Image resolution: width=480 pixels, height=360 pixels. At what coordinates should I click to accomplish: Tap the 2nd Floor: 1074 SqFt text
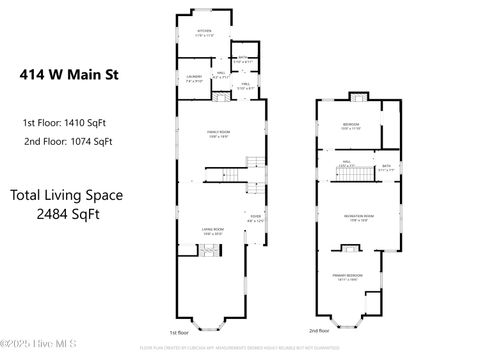(x=67, y=141)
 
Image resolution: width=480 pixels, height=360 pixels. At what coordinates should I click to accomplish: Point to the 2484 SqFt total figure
(x=69, y=213)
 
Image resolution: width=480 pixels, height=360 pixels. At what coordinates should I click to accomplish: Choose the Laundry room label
(x=194, y=78)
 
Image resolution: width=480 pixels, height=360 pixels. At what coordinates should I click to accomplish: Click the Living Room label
(x=213, y=230)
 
